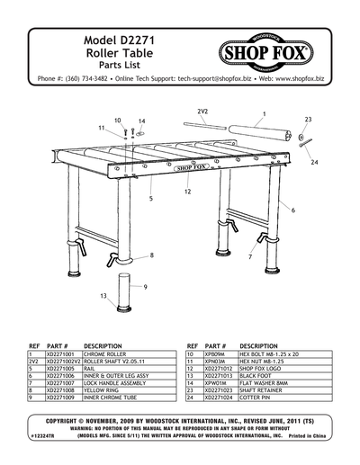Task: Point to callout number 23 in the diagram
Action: [309, 119]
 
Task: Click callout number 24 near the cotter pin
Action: [314, 164]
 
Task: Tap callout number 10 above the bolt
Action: [117, 119]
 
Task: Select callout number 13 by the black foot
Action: [104, 296]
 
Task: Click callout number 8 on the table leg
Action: [151, 255]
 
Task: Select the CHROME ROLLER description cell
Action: [110, 355]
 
